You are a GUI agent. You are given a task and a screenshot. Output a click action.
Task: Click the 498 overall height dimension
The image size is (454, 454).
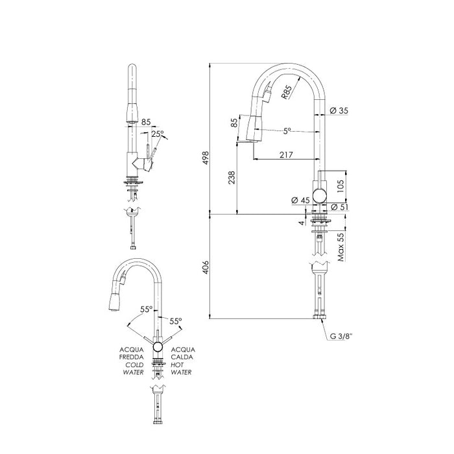(206, 158)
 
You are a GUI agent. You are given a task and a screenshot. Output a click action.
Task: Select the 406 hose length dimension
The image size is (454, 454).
(206, 267)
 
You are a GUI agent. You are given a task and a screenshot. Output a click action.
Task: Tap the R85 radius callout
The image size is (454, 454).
(287, 92)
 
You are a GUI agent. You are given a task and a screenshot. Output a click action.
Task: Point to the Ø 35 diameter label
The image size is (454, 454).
(339, 110)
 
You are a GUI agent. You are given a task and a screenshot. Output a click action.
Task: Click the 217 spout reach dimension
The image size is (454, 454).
(287, 155)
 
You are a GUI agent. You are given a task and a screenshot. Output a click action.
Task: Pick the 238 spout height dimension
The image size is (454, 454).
(232, 178)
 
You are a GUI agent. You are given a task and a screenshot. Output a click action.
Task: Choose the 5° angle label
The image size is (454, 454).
(287, 131)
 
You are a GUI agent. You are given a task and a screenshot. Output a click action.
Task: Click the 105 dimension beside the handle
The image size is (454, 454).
(340, 186)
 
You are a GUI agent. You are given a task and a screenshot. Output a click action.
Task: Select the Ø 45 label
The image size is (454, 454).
(300, 200)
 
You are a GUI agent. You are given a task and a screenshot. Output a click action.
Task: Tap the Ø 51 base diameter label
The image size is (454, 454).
(339, 207)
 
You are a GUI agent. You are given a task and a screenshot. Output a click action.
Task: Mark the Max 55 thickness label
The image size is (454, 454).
(341, 247)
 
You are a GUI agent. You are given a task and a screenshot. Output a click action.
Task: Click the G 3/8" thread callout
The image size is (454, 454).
(341, 336)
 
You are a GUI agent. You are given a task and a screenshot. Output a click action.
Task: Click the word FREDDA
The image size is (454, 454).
(131, 357)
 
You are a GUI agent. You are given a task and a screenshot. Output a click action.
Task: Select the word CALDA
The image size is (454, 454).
(182, 357)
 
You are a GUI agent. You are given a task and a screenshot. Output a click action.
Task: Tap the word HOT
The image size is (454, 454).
(177, 364)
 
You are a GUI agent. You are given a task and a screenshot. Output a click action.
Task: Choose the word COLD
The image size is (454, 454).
(134, 364)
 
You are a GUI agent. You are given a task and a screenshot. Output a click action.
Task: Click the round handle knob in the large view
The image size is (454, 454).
(319, 195)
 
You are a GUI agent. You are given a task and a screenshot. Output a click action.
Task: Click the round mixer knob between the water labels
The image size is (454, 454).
(158, 346)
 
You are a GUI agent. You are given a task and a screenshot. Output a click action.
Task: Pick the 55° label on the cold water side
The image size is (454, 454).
(146, 309)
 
